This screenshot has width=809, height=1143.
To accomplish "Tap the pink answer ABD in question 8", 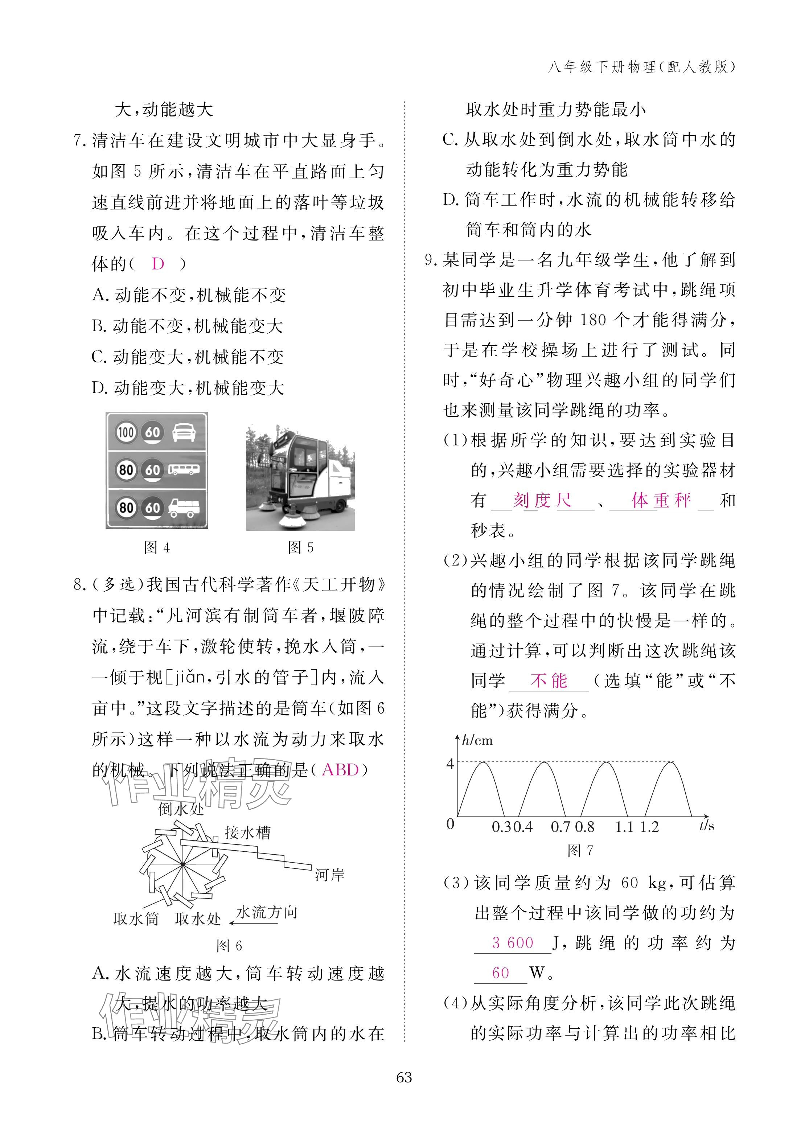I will pos(340,770).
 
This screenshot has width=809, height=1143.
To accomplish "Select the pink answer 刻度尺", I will pos(542,500).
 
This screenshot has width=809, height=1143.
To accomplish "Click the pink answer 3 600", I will pos(513,942).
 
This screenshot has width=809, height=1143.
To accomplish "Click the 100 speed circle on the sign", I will pos(126,432).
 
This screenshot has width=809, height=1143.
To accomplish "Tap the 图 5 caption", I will pos(300,548).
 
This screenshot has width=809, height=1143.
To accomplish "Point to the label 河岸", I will pos(329,875).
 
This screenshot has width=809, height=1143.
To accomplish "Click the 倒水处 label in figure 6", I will pos(181,809).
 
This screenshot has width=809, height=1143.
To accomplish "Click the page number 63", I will pos(404,1077).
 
